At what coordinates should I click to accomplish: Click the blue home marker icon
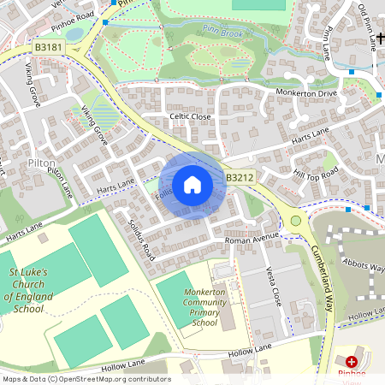click(192, 185)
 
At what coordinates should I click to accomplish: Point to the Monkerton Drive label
click(306, 92)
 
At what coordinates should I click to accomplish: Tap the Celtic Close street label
click(190, 116)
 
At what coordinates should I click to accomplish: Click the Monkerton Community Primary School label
click(193, 308)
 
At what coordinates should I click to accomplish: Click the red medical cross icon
click(352, 362)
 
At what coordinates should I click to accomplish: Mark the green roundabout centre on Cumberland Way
click(296, 221)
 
